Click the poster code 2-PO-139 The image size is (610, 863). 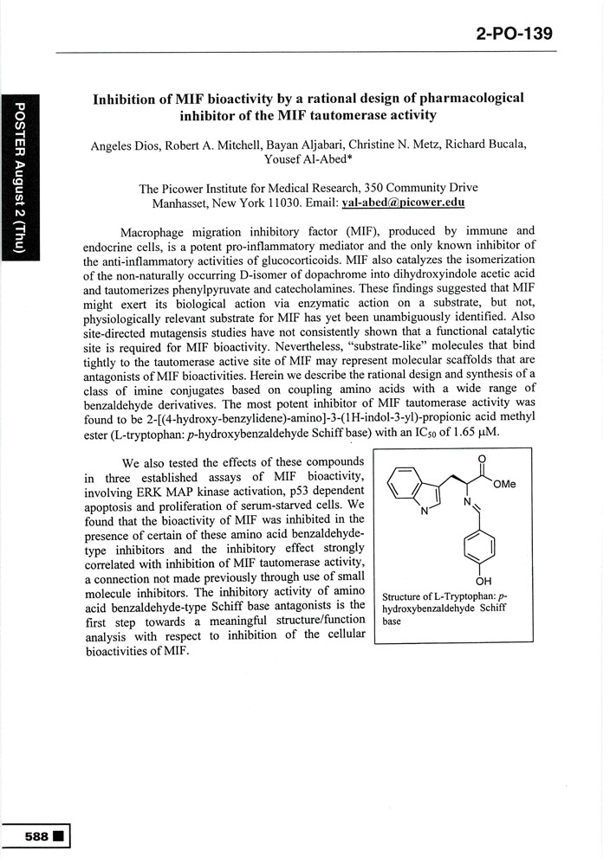[x=514, y=35]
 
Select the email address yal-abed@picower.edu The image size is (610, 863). [x=392, y=203]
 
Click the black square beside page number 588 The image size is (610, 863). [x=58, y=837]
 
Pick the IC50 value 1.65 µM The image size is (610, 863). [x=494, y=432]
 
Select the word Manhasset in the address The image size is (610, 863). [x=182, y=203]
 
